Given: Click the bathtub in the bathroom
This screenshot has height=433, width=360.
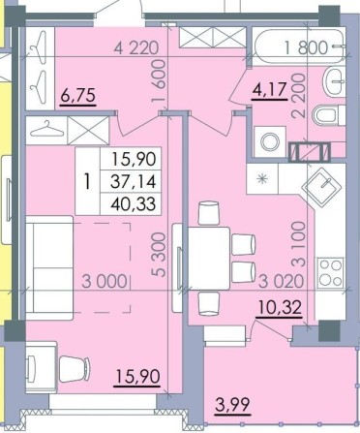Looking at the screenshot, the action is [299, 46].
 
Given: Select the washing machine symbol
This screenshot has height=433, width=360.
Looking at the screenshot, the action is [270, 141].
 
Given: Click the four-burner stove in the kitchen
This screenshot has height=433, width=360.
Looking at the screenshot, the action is [331, 272].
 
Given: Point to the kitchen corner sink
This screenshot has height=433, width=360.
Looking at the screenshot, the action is [323, 186].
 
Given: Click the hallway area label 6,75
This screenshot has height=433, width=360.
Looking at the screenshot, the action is [77, 97].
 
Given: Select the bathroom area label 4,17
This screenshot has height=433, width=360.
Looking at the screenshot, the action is [269, 91].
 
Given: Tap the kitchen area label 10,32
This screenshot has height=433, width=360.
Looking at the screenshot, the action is [280, 308].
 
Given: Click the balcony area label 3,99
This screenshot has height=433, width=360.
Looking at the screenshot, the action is [233, 405].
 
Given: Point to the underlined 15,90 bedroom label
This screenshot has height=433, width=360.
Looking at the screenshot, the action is [137, 377].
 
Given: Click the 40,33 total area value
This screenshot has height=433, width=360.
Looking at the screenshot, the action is [133, 203].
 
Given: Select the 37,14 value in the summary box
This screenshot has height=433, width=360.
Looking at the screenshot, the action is [133, 181].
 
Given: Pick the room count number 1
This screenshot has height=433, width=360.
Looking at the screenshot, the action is [87, 181].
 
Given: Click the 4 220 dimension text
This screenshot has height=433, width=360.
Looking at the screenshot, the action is [136, 48].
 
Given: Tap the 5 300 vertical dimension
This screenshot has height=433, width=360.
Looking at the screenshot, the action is [159, 255].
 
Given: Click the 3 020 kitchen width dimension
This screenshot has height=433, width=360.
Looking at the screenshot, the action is [282, 282].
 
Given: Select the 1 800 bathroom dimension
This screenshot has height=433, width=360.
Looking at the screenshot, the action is [307, 47].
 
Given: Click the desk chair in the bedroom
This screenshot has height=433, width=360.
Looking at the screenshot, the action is [75, 369].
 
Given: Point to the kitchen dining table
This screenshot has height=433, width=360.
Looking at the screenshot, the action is [208, 258].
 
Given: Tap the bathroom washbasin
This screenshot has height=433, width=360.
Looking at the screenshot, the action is [334, 81].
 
